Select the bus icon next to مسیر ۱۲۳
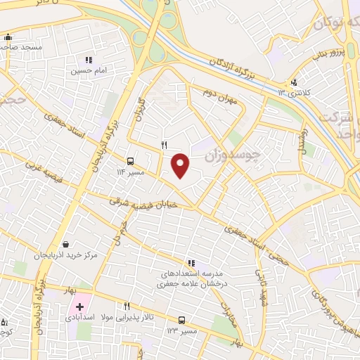click(182, 319)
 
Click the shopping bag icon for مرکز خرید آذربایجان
click(65, 244)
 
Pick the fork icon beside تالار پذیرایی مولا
click(127, 306)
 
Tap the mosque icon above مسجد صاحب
click(8, 37)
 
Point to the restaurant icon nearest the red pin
click(164, 145)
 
